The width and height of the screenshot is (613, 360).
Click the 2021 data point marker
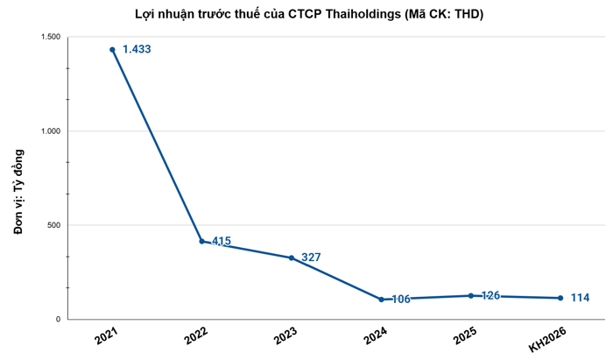112,50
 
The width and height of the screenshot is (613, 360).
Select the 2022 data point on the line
202,241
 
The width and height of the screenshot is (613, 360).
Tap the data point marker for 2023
292,258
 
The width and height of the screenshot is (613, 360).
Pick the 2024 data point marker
382,300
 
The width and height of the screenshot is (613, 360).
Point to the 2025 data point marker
471,295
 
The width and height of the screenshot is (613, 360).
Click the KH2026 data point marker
560,298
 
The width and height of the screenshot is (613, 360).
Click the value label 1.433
137,50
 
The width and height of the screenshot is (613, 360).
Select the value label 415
222,241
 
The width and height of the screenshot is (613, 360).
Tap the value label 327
311,258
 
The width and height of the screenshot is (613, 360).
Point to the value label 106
400,300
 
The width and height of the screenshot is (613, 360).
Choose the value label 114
579,298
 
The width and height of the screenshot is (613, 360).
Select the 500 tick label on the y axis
53,225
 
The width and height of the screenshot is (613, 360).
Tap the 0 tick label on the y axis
58,320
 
